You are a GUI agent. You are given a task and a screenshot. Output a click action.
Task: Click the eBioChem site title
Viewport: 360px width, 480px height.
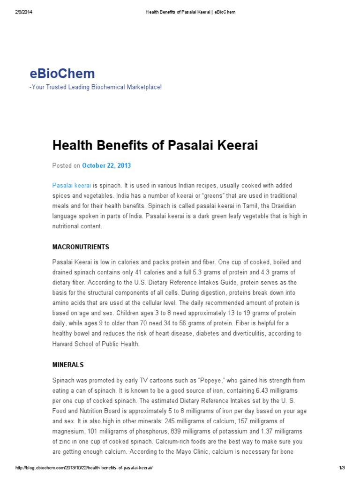pyautogui.click(x=62, y=74)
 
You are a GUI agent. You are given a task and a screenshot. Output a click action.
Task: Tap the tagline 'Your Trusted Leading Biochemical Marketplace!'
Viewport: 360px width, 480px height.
pyautogui.click(x=96, y=87)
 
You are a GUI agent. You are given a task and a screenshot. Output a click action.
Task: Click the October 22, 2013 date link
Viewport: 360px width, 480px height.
pyautogui.click(x=106, y=165)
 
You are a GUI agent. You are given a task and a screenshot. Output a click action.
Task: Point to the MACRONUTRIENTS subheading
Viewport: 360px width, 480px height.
pyautogui.click(x=81, y=247)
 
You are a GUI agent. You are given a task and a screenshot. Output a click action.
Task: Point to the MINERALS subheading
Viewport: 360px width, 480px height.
pyautogui.click(x=68, y=364)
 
